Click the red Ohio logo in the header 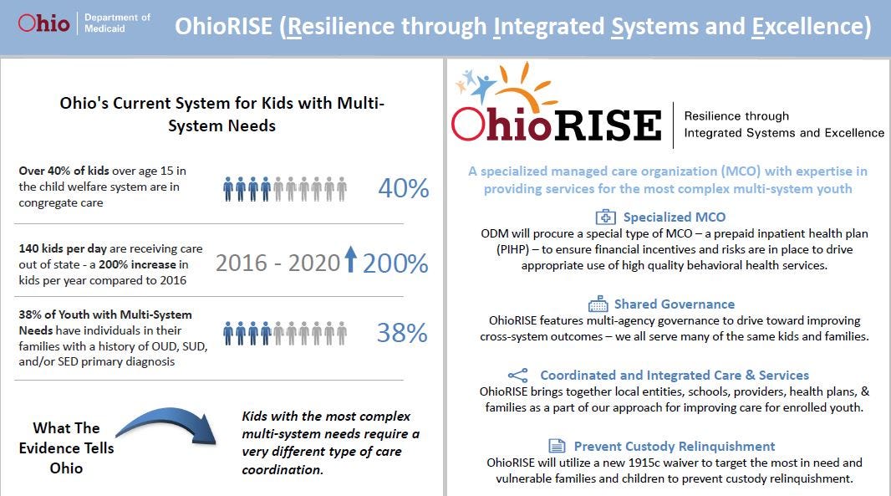tap(43, 23)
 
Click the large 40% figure tap(404, 188)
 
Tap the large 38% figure tap(402, 333)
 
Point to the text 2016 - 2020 tap(277, 263)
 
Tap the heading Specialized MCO tap(675, 217)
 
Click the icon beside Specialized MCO tap(605, 217)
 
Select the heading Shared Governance tap(674, 304)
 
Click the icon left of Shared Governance tap(598, 304)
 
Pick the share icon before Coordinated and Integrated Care tap(517, 376)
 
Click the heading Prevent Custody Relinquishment tap(674, 446)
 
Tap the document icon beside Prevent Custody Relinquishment tap(557, 446)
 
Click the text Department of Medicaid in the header tap(117, 23)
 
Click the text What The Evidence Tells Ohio tap(66, 447)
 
